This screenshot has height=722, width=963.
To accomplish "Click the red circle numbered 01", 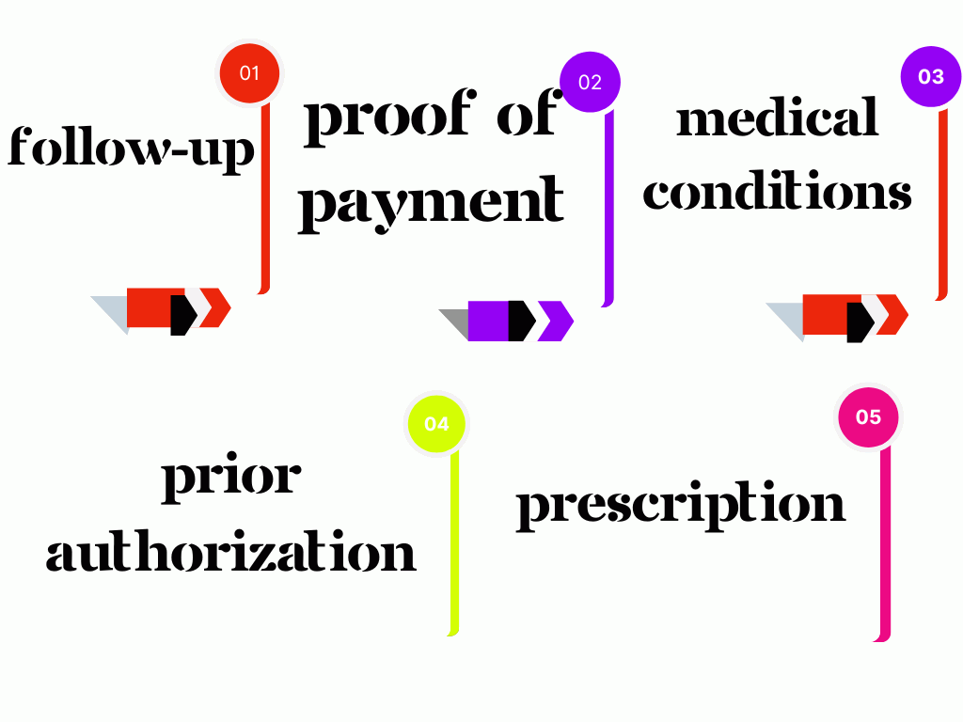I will [x=249, y=72].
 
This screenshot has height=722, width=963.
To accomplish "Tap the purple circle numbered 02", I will [x=590, y=82].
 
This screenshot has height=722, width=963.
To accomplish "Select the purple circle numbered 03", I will [x=930, y=76].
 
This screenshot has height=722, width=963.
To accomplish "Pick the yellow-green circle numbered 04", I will [x=436, y=423].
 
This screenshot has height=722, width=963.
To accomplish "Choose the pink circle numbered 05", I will [x=868, y=416].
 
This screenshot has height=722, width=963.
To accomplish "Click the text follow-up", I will [x=132, y=149].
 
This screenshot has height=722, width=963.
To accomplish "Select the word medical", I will [x=778, y=119].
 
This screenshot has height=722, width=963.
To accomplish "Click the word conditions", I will [x=777, y=192].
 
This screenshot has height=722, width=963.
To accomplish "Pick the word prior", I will [x=231, y=477].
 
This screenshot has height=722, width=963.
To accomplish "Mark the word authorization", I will [x=230, y=552].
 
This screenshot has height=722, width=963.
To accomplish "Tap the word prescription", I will [x=681, y=504].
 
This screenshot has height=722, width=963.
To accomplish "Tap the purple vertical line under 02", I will [x=608, y=207].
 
